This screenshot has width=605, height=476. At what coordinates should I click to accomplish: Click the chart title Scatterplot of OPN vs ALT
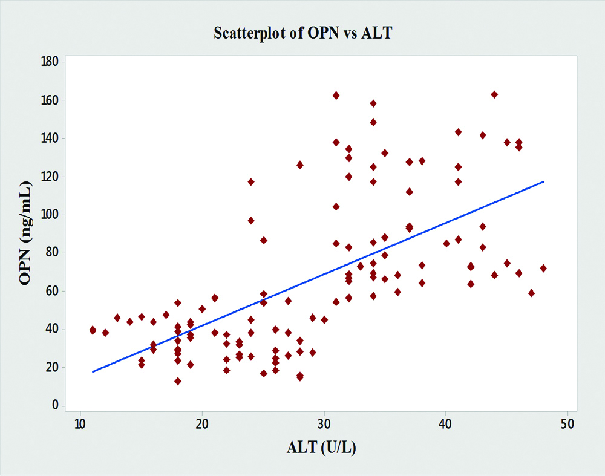[x=302, y=33]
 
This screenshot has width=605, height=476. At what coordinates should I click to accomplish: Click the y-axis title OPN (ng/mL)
[x=25, y=233]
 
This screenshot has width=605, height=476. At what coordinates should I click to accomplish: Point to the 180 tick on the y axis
[x=50, y=62]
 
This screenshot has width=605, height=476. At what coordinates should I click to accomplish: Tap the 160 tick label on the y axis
[x=50, y=100]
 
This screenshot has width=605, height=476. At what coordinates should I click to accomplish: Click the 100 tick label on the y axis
[x=50, y=215]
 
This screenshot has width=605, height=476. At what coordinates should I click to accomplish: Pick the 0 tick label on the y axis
[x=55, y=405]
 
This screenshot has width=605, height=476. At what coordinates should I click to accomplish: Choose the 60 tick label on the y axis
[x=52, y=291]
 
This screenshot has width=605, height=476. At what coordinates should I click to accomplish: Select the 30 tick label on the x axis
[x=324, y=422]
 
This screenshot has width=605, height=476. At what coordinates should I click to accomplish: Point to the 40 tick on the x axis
[x=446, y=422]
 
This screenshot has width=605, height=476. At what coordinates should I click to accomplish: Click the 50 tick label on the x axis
[x=567, y=422]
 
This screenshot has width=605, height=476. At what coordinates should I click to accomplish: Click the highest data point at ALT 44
[x=494, y=94]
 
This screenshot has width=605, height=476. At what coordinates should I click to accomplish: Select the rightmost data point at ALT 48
[x=543, y=268]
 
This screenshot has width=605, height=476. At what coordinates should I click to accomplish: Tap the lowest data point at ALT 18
[x=178, y=381]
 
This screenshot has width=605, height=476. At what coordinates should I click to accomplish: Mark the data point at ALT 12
[x=105, y=333]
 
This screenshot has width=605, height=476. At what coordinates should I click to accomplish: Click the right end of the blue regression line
[x=543, y=181]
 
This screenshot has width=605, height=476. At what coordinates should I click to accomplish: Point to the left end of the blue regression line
[x=93, y=371]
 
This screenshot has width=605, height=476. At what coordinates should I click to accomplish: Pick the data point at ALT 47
[x=531, y=293]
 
